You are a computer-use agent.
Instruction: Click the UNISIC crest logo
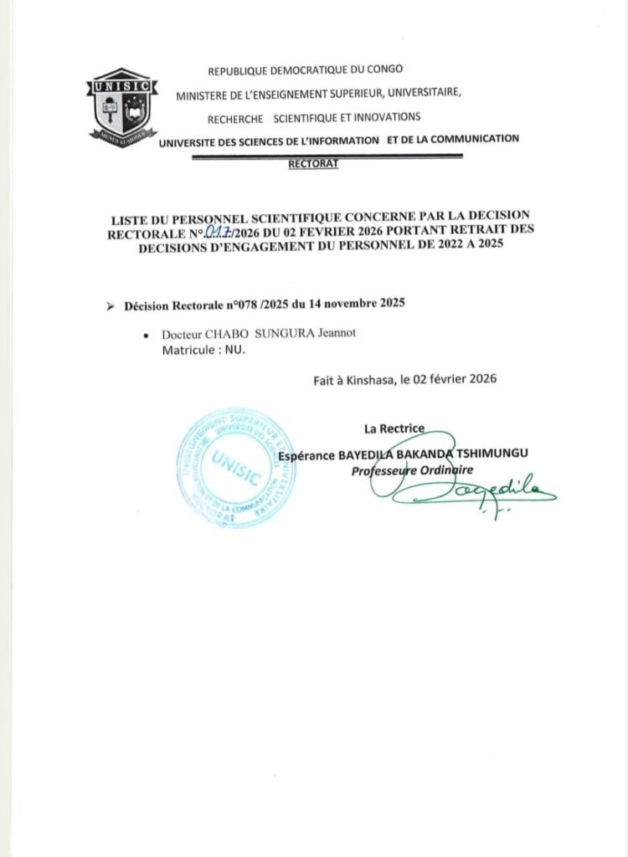[122, 107]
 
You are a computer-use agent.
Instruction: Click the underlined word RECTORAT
[312, 164]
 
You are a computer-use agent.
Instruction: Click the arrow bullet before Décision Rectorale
[111, 307]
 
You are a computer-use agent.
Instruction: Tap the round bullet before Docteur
[147, 334]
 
